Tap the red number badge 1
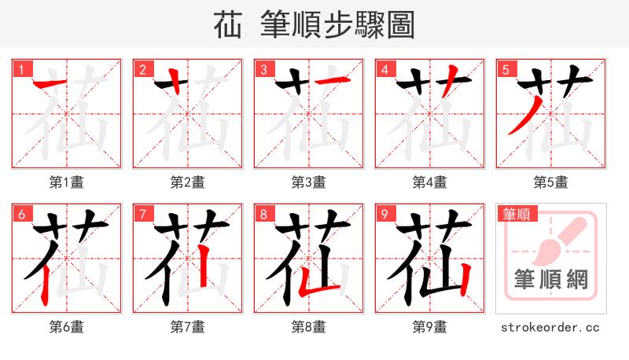click(x=21, y=70)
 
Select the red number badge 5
click(x=506, y=70)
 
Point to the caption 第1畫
click(x=66, y=182)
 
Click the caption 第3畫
click(x=308, y=182)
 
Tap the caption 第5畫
click(x=550, y=182)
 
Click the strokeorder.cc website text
click(x=550, y=326)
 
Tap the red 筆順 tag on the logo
click(x=518, y=214)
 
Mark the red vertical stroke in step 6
click(x=44, y=283)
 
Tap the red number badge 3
click(x=263, y=70)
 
